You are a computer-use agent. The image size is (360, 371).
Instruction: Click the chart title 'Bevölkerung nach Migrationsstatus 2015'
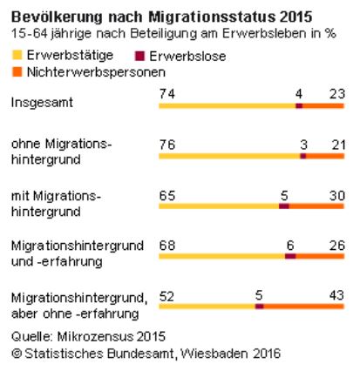click(x=161, y=17)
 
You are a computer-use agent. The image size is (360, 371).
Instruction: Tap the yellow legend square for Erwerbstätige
click(x=17, y=55)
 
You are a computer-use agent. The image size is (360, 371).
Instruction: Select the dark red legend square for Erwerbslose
click(x=139, y=56)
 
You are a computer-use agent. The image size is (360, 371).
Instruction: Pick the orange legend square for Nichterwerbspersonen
click(x=17, y=71)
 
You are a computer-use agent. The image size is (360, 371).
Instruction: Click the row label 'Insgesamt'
click(x=42, y=103)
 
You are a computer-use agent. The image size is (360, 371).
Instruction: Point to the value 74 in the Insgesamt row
click(x=167, y=94)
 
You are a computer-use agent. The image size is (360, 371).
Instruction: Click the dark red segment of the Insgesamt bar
click(x=299, y=105)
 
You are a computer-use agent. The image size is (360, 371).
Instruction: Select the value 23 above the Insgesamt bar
click(x=337, y=94)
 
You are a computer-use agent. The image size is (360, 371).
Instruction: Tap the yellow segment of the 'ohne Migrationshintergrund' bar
click(x=229, y=156)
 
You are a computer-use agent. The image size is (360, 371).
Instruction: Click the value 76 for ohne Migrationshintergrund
click(x=167, y=145)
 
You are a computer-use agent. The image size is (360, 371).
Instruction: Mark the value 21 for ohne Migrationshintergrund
click(x=338, y=145)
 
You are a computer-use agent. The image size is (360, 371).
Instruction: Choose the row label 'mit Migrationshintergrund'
click(x=56, y=204)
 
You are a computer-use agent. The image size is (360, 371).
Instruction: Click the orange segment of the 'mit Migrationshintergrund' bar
click(x=316, y=206)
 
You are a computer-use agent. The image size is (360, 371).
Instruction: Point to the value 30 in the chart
click(x=337, y=196)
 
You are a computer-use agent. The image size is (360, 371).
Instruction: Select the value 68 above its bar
click(x=167, y=246)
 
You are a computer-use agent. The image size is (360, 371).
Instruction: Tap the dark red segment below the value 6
click(x=290, y=256)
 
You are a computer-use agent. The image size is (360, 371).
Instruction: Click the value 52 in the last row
click(x=166, y=296)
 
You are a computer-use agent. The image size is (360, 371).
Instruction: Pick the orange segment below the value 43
click(x=303, y=307)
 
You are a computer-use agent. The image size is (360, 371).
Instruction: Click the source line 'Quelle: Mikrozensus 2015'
click(x=88, y=337)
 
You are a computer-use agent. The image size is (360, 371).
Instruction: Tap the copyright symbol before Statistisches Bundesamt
click(x=17, y=354)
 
